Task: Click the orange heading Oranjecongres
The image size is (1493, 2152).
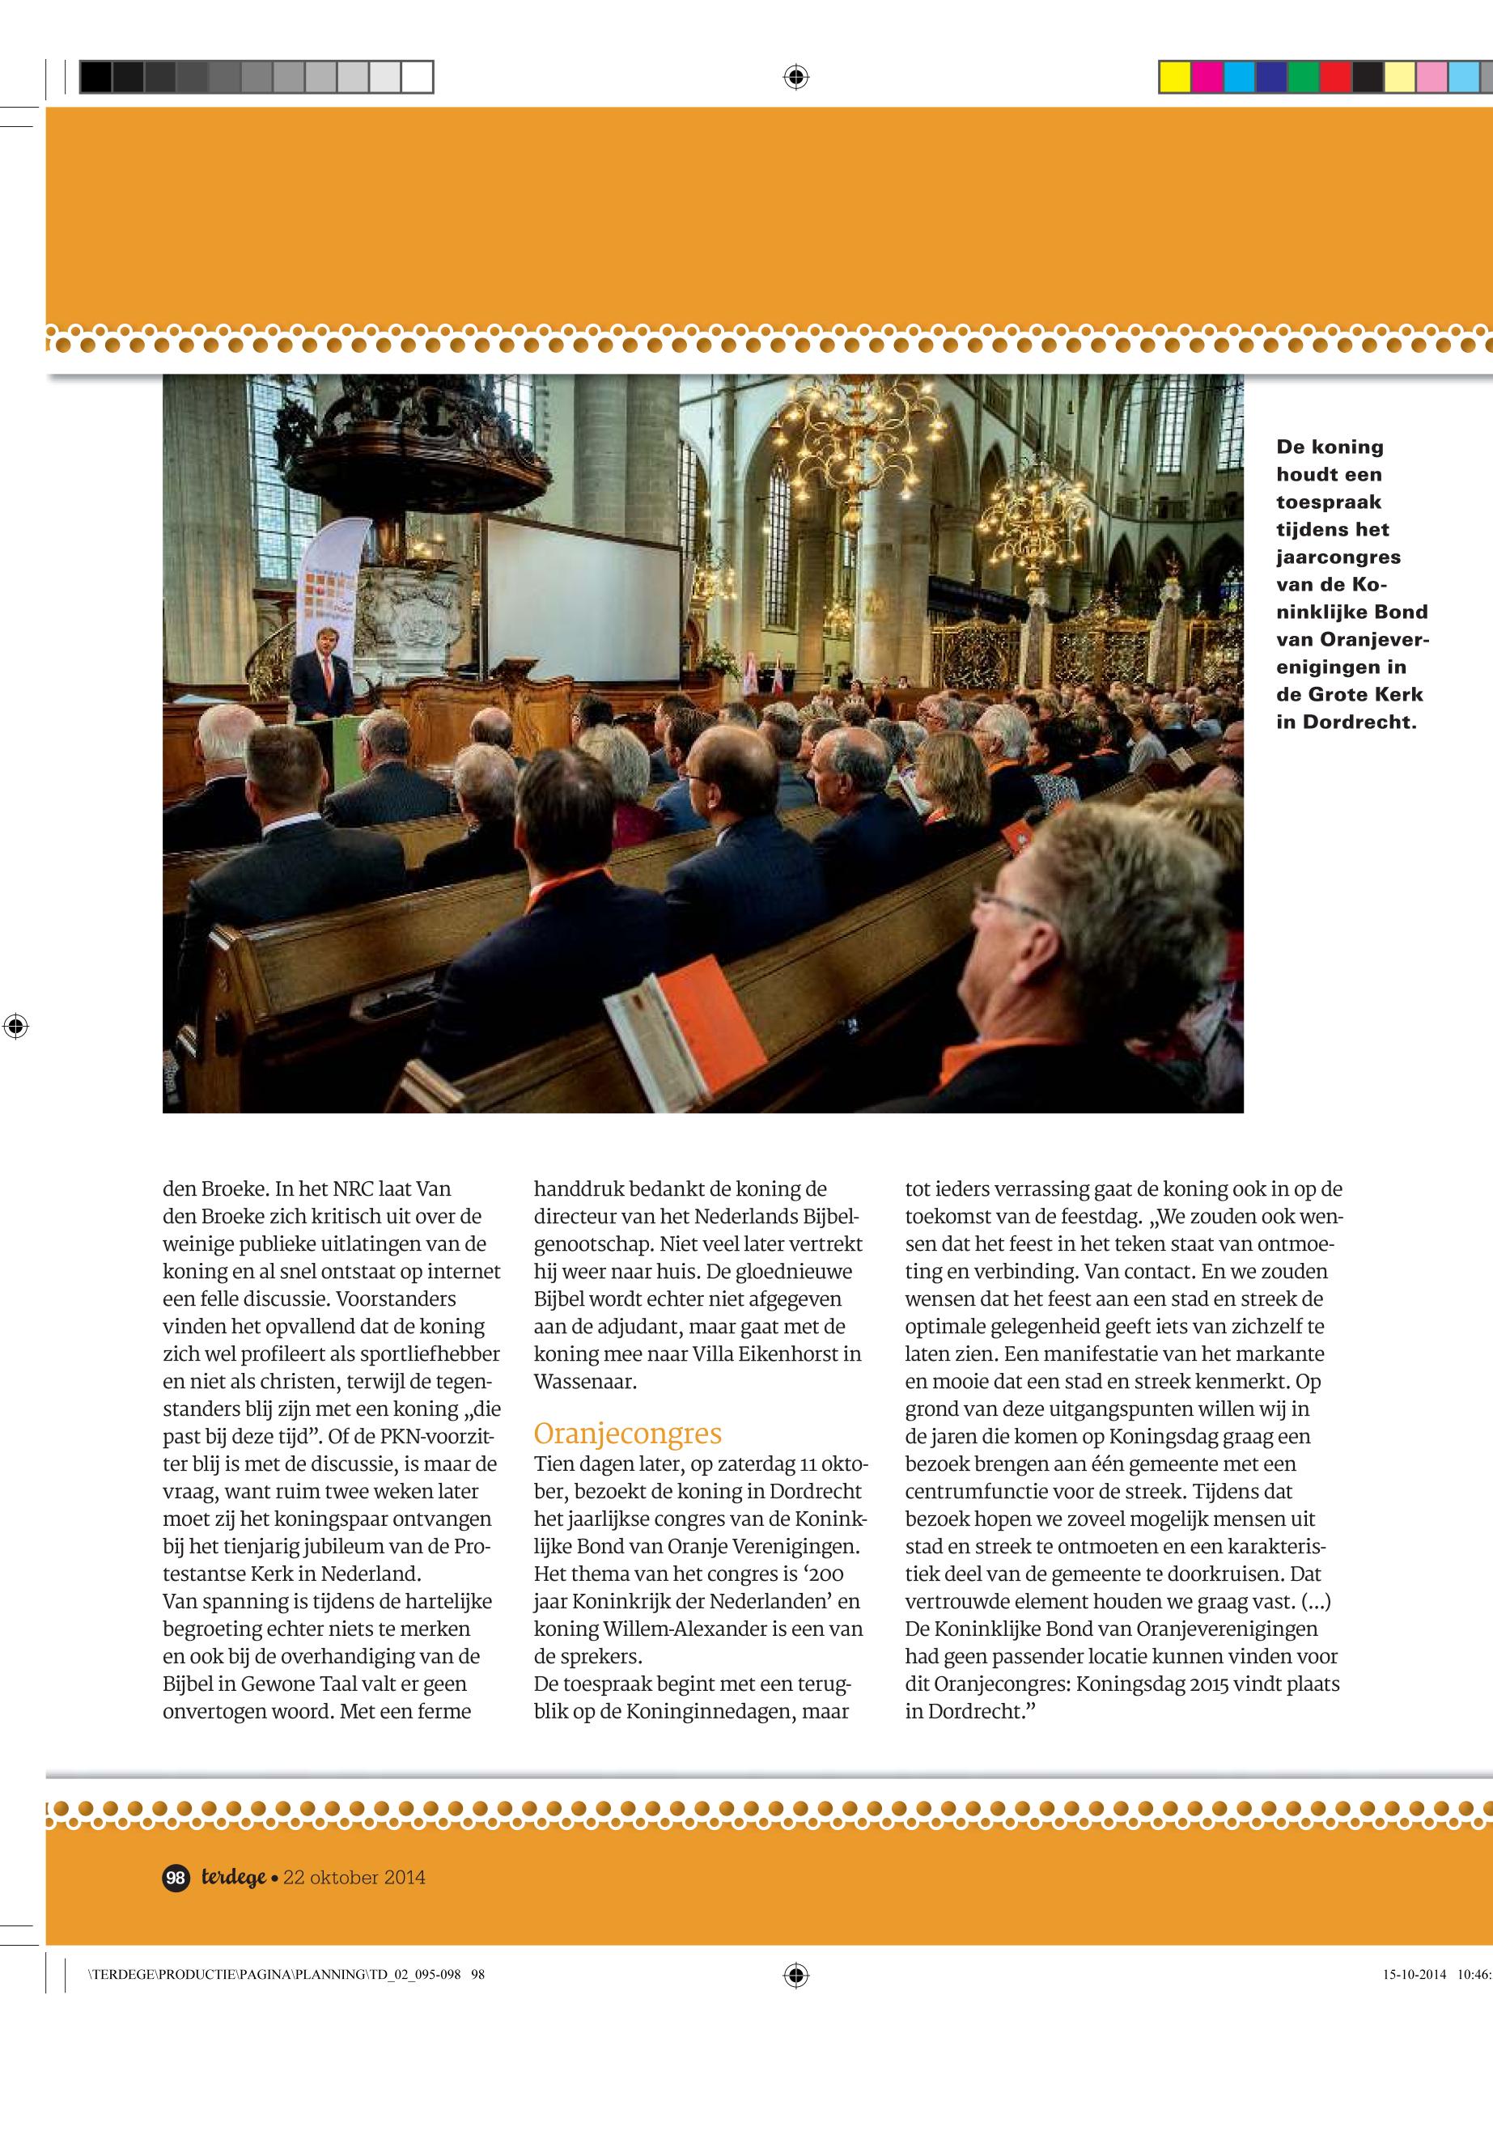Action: [627, 1434]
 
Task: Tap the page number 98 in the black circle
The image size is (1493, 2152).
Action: [175, 1877]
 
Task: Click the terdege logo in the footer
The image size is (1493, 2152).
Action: [234, 1877]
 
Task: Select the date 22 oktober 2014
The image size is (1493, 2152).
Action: [354, 1877]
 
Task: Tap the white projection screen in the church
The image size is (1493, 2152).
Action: [581, 587]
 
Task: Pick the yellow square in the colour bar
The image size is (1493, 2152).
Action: [1174, 77]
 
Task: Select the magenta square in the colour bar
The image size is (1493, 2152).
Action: [1207, 77]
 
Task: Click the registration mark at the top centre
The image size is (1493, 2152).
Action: [795, 77]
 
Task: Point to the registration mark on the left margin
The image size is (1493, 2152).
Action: [15, 1026]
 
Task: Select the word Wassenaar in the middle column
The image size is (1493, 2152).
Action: [585, 1381]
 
